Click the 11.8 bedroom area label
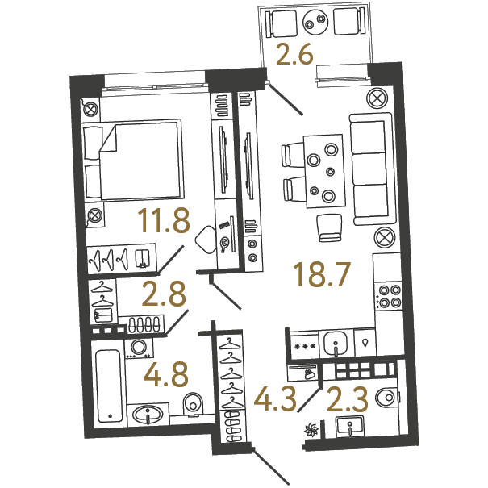pos(164,221)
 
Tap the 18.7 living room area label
pos(323,274)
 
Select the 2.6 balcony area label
pos(294,55)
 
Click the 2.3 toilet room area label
pos(348,399)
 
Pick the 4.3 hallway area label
pos(275,399)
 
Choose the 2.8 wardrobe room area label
pos(164,294)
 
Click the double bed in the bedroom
pos(133,160)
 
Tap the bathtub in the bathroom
pos(109,386)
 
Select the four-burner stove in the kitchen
pos(389,296)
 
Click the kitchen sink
pos(336,344)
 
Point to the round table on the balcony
pos(315,22)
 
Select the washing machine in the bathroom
pos(139,348)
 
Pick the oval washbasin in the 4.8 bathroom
pos(148,415)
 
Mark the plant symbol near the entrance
pos(311,431)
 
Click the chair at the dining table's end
pos(329,227)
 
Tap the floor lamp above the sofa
pos(377,98)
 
